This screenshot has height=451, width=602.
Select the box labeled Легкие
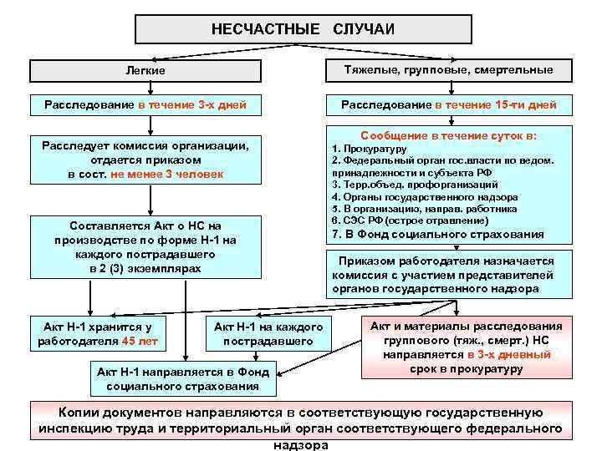pos(148,71)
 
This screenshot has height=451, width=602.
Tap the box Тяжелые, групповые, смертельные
pos(448,70)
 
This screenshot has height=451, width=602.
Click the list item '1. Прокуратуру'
pos(370,148)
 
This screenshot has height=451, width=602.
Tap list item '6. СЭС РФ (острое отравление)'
pos(411,220)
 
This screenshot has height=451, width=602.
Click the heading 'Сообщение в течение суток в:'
pos(448,134)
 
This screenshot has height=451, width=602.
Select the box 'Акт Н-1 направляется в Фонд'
pos(182,379)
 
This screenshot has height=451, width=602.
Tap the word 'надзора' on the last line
pos(301,444)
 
